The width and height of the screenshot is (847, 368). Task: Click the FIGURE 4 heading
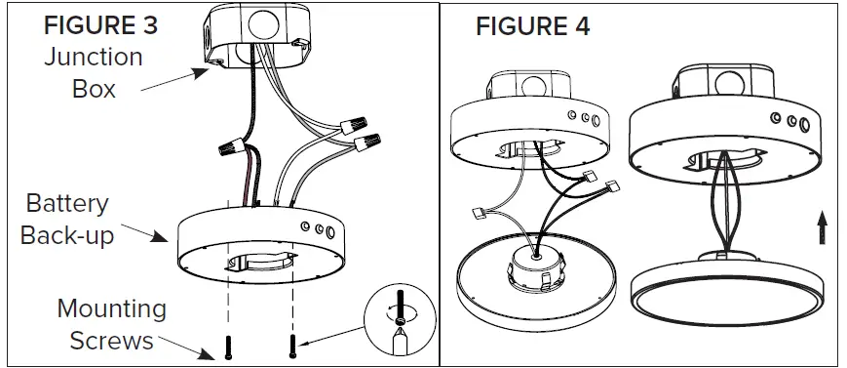[x=532, y=25]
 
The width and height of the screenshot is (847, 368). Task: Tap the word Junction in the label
[x=94, y=58]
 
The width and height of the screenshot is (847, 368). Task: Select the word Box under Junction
[x=94, y=89]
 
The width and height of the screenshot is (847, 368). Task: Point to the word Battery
[x=67, y=205]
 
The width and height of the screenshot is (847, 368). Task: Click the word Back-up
[x=67, y=236]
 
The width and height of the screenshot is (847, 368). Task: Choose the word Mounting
[x=111, y=309]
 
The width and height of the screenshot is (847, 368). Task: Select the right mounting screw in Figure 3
[x=292, y=343]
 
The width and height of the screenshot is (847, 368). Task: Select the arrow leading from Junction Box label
[x=175, y=79]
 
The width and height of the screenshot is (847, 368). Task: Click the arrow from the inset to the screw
[x=331, y=337]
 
